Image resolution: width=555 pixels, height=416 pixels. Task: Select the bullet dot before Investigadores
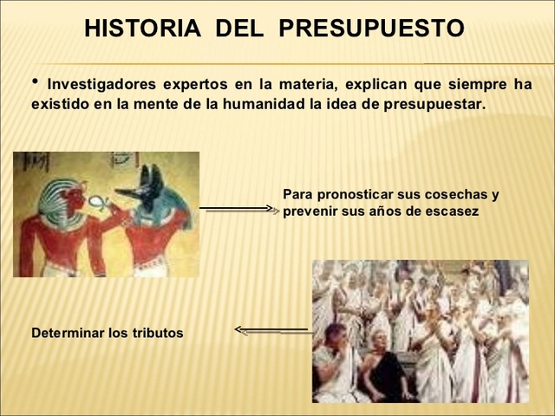point(36,81)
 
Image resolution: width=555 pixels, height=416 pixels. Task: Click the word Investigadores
point(101,84)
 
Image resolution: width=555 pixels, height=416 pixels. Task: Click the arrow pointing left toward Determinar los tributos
point(271,329)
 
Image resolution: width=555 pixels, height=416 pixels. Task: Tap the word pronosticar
point(352,194)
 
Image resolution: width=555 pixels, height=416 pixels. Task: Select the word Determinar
point(68,332)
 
